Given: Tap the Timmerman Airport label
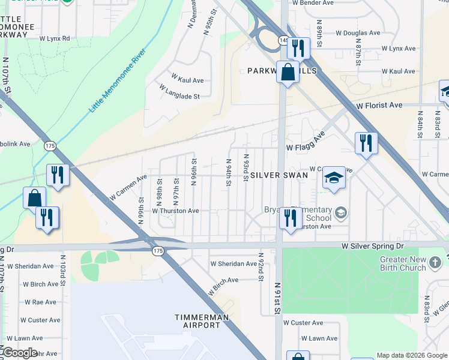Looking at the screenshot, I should [x=197, y=320].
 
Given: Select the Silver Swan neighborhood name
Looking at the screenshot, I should [x=279, y=175].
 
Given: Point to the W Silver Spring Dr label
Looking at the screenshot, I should [x=372, y=246].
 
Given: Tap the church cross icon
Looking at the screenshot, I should [x=435, y=262].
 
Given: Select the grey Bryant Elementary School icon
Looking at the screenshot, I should [x=341, y=212].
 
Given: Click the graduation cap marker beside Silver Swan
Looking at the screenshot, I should [x=334, y=178].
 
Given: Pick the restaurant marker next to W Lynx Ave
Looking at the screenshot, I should [x=298, y=47].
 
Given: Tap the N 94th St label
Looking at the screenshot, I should [x=229, y=172].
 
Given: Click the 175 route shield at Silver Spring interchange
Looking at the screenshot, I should [x=158, y=251].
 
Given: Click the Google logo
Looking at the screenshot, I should [x=20, y=353].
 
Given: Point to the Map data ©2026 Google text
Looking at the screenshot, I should [x=411, y=355].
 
